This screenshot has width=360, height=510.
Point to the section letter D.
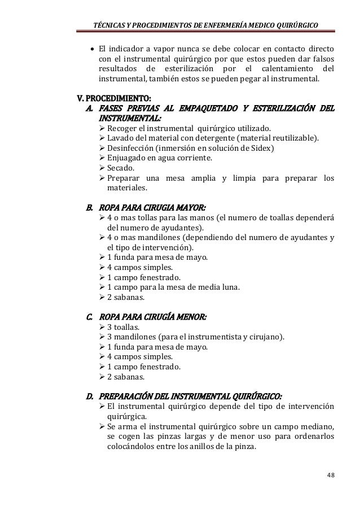[89, 396]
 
